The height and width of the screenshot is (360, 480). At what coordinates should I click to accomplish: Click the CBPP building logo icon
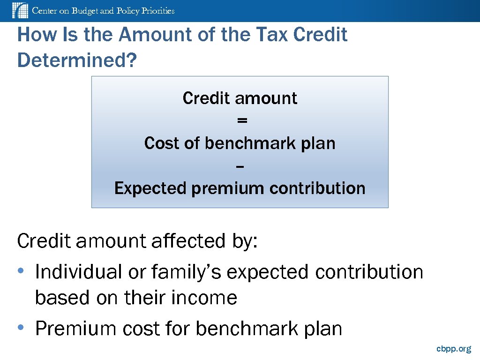coord(20,10)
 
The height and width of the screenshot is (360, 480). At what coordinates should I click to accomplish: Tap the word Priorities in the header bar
coord(157,11)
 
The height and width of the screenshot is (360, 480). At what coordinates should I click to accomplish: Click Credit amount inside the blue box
coord(240,98)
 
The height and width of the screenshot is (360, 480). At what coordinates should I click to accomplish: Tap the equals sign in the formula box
coord(241,120)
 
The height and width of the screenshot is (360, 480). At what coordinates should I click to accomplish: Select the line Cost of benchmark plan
coord(240,143)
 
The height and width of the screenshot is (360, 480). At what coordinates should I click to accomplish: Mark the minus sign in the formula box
coord(240,166)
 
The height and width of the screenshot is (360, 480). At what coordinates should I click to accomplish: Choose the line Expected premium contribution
coord(240,188)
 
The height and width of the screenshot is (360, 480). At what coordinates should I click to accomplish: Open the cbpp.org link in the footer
coord(453,349)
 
